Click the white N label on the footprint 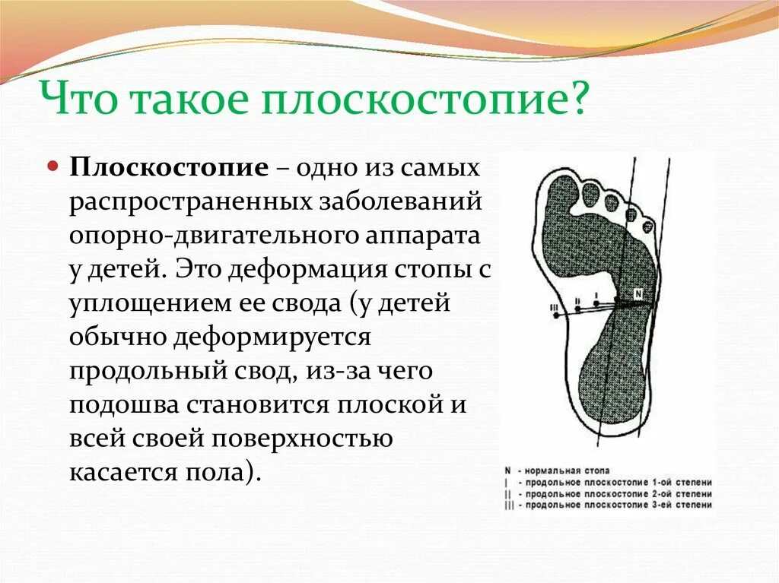(638, 294)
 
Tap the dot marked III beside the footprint (556, 315)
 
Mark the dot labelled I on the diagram (596, 304)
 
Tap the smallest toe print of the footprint (647, 227)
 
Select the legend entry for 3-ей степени (608, 505)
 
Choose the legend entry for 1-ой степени (608, 482)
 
